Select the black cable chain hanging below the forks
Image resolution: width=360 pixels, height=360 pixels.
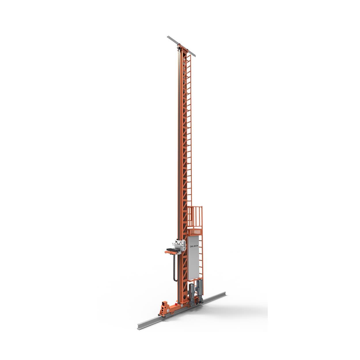click(x=174, y=268)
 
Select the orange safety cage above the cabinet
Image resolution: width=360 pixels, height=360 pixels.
click(x=195, y=217)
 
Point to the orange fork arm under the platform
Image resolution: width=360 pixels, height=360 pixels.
click(x=170, y=253)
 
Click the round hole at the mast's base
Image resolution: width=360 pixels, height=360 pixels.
click(x=182, y=304)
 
